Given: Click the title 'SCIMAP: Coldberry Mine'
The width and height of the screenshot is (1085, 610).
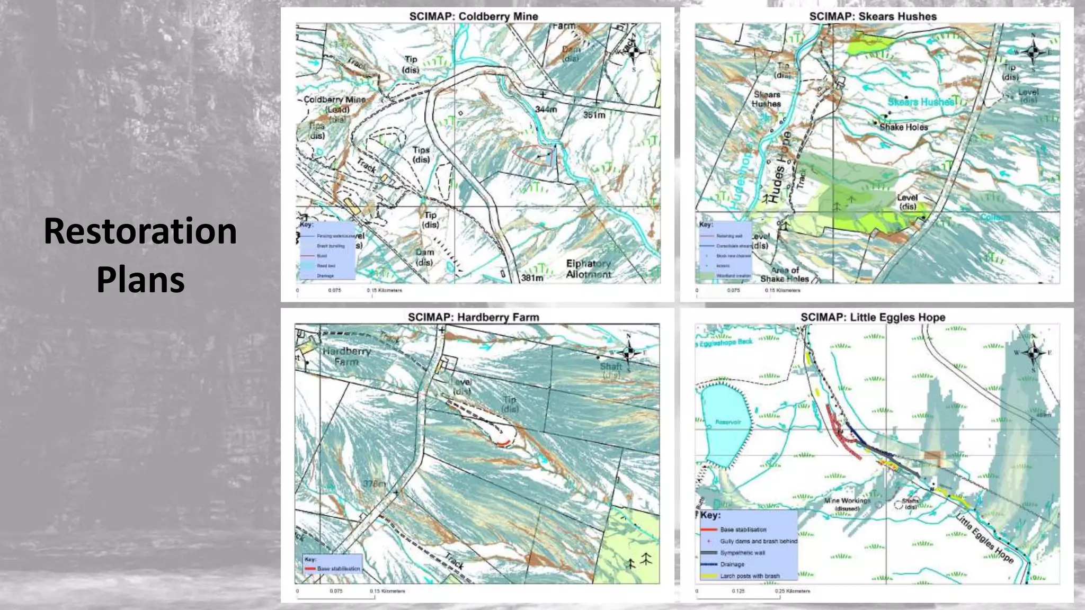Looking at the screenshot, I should tap(473, 16).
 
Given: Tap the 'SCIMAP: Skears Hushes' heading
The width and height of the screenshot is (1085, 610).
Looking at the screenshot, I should tap(873, 16).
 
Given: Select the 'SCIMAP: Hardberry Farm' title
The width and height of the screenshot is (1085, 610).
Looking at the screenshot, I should tap(473, 317).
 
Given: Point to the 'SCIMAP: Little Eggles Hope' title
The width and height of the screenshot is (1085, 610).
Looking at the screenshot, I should tap(873, 317).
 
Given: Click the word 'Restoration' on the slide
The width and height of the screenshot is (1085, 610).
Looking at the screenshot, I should tap(140, 231).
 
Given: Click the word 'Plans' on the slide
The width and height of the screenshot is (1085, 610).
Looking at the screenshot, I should tap(140, 280).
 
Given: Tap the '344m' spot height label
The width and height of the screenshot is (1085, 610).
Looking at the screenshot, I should tap(546, 109).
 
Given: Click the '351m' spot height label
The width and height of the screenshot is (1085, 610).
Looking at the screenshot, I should tap(594, 115).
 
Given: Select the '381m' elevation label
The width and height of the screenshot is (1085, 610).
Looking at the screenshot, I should tap(532, 277).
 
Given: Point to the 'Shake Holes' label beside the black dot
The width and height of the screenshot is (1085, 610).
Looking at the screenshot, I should tap(903, 127).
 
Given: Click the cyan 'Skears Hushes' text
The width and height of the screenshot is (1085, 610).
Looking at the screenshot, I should tap(920, 102).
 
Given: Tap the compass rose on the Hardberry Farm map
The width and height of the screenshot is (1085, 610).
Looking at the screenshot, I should tap(629, 352).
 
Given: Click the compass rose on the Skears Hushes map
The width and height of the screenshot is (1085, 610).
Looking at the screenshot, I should tap(1033, 52).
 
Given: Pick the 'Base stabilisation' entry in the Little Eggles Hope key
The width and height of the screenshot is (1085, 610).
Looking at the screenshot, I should tap(743, 530).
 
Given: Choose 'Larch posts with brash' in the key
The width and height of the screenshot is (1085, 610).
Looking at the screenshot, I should tap(750, 576).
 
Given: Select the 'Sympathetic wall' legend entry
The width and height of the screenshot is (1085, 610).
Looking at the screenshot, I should tap(742, 553).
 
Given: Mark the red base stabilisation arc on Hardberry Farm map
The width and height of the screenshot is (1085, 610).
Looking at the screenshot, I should tap(505, 443).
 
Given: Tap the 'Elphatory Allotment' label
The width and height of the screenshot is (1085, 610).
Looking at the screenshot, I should tap(588, 268).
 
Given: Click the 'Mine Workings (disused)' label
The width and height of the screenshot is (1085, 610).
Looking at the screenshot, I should tap(847, 504).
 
